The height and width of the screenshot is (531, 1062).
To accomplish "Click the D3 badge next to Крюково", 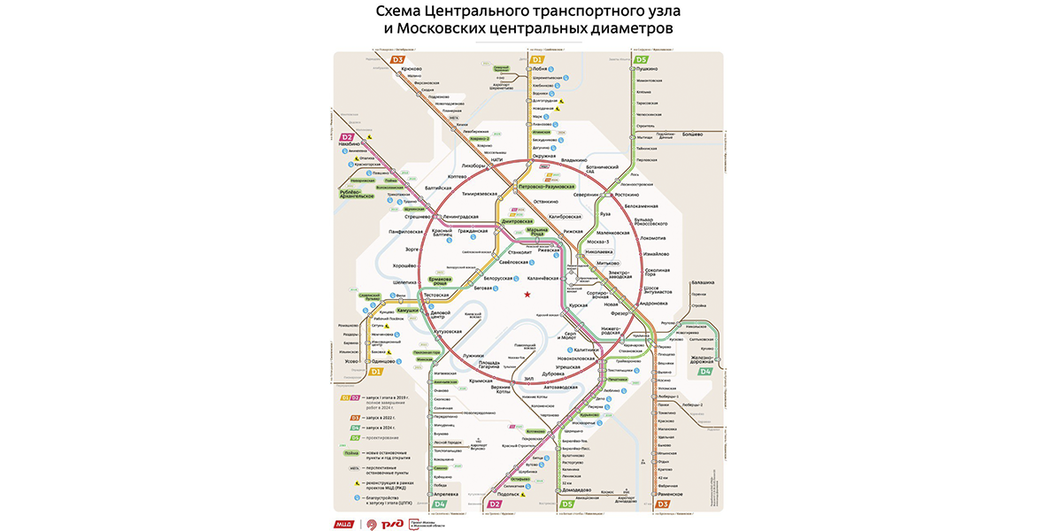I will tap(398, 59).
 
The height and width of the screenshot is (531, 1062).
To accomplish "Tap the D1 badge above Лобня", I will tap(536, 59).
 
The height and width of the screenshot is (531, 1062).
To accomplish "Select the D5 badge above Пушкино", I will tap(641, 59).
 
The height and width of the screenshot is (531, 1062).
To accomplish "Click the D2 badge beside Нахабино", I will tap(348, 137).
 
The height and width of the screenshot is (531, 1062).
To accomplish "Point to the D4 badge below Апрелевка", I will tap(440, 504).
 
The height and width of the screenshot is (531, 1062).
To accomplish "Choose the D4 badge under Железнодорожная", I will tap(705, 372).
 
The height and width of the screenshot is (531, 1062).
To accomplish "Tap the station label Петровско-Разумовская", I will tap(546, 187).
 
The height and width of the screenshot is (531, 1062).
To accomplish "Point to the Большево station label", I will tap(691, 134).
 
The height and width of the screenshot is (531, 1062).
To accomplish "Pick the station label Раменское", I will tap(670, 493).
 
